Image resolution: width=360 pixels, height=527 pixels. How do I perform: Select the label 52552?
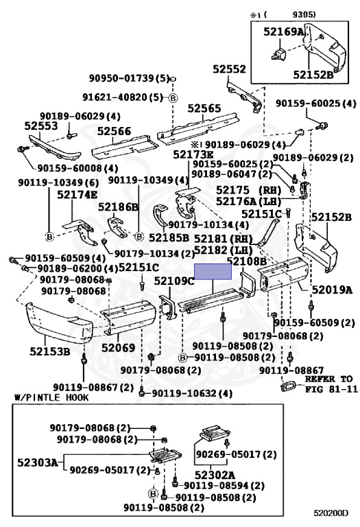[x=228, y=69]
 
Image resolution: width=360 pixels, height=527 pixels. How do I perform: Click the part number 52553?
[x=42, y=126]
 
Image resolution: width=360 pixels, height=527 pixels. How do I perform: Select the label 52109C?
[x=173, y=281]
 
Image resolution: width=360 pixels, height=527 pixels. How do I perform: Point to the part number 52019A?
[x=331, y=289]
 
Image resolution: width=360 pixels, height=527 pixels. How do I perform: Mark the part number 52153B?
[x=49, y=352]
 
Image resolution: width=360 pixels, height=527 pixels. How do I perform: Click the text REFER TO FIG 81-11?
[x=331, y=383]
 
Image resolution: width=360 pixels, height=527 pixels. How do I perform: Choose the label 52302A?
[x=215, y=474]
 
